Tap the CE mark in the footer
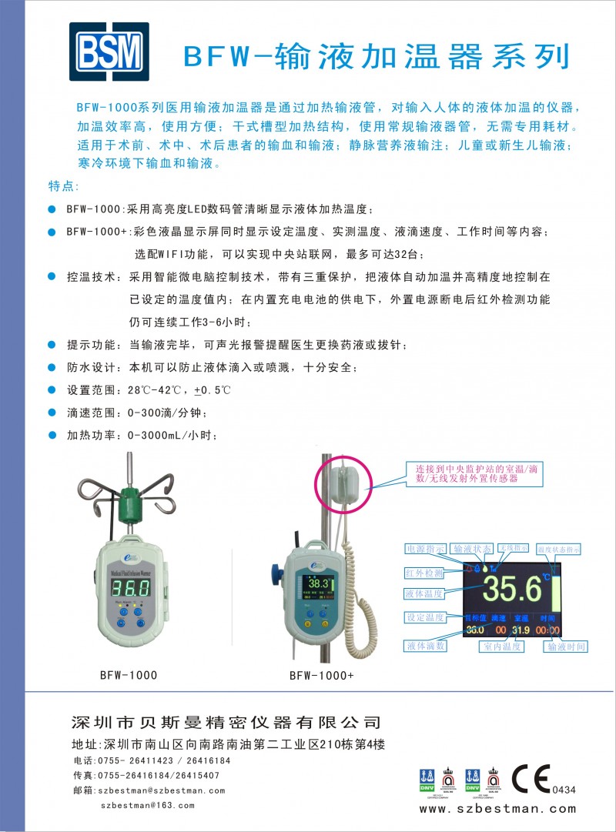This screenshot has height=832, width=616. click(530, 778)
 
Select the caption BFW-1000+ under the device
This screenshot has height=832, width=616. click(321, 676)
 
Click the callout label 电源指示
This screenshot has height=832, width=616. click(425, 549)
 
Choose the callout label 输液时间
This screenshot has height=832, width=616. click(566, 647)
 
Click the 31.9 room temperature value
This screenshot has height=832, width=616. click(521, 630)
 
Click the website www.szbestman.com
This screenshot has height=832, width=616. click(497, 809)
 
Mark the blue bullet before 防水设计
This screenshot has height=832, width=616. click(52, 366)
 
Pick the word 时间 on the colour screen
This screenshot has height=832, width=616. click(547, 617)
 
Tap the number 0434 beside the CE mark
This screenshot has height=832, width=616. click(564, 790)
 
